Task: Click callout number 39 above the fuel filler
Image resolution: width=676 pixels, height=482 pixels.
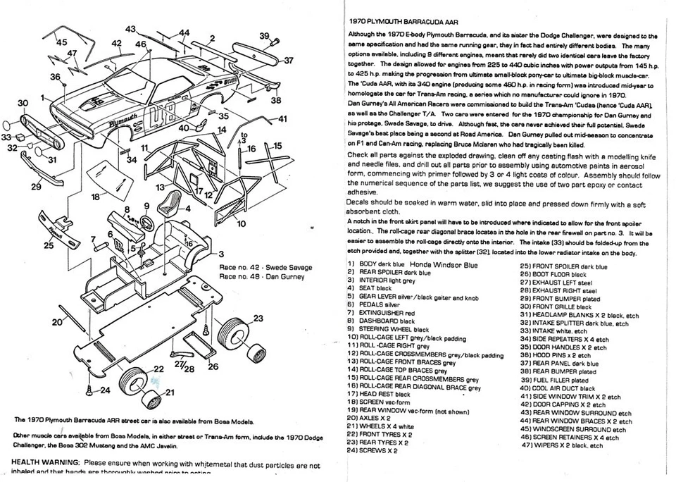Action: (x=264, y=36)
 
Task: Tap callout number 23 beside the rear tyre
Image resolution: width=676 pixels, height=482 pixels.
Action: (x=258, y=319)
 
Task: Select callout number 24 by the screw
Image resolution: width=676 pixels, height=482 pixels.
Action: (x=105, y=390)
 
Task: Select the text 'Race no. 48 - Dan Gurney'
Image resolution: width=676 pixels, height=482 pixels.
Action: (x=261, y=277)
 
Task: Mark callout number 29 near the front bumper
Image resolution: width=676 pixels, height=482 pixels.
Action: (x=36, y=187)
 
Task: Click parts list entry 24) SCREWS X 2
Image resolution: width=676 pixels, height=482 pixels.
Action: (x=373, y=450)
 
